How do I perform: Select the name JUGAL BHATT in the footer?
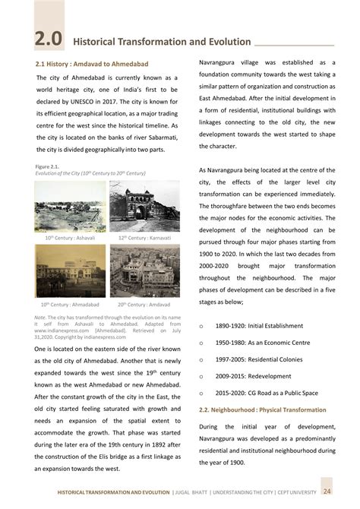[x=196, y=495]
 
